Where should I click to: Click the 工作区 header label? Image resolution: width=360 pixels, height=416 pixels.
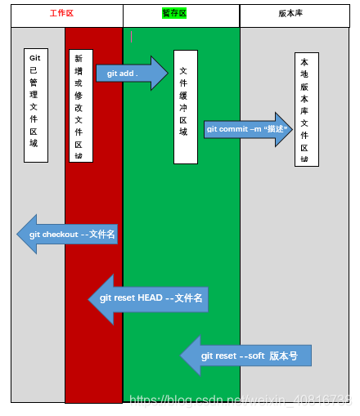[62, 15]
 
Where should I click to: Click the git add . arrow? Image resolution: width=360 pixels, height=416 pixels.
[131, 74]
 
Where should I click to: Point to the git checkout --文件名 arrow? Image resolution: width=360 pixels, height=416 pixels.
[69, 235]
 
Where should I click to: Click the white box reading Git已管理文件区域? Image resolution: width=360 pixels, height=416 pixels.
[35, 105]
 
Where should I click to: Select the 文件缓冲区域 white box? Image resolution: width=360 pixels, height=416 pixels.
[185, 106]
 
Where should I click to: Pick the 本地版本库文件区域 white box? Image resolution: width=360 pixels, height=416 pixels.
[306, 110]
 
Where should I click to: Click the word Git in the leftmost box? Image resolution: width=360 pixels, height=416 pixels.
[35, 59]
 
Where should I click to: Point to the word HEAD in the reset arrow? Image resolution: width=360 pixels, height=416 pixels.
[149, 298]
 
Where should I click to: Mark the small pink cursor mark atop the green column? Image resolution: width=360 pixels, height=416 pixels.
[131, 36]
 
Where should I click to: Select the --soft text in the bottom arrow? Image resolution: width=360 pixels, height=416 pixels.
[250, 356]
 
